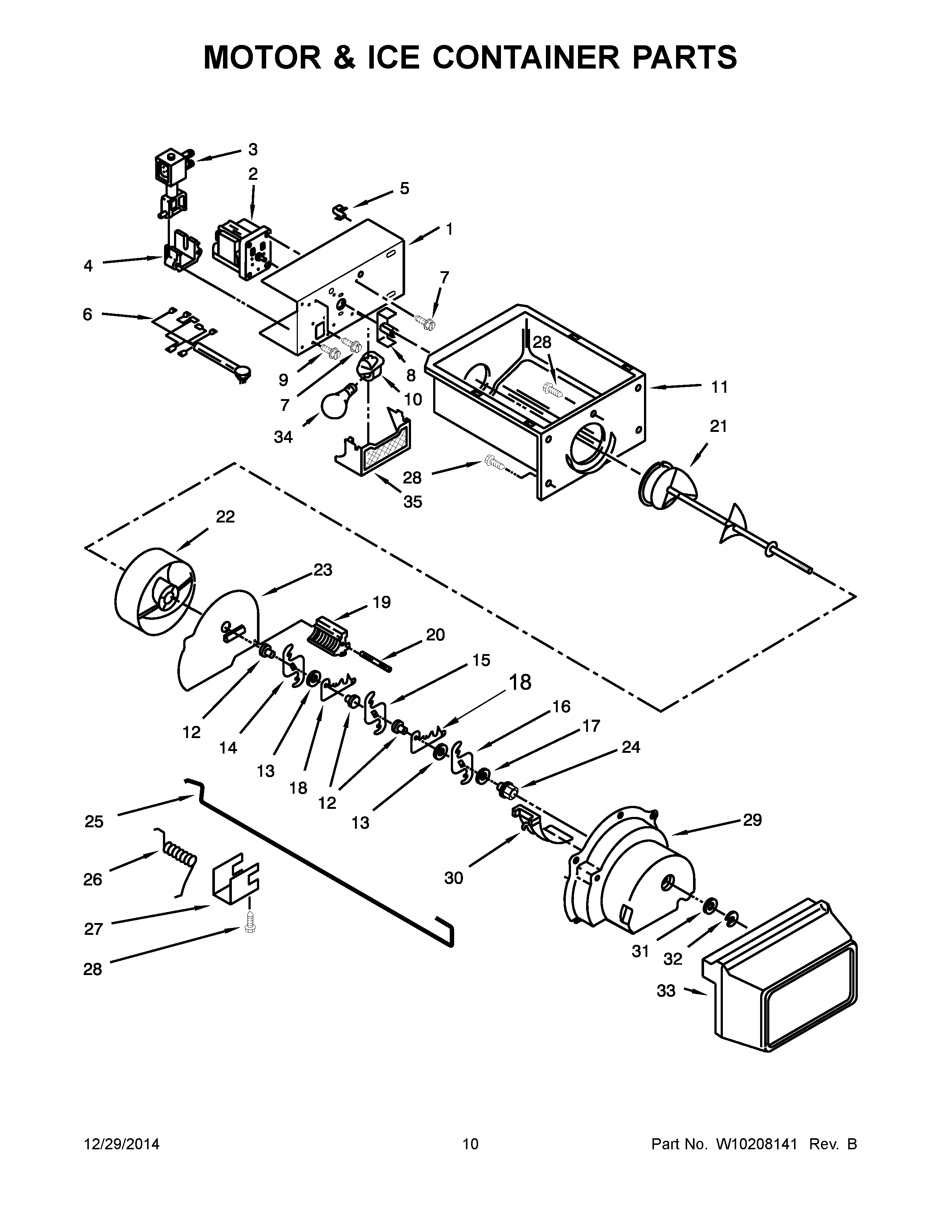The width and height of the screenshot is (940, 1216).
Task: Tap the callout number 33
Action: [666, 990]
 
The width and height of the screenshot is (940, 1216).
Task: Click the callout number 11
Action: [720, 387]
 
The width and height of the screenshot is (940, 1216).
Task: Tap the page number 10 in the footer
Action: [470, 1144]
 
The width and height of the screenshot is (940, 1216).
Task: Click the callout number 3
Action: [253, 149]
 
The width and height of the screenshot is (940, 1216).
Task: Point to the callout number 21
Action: [718, 426]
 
